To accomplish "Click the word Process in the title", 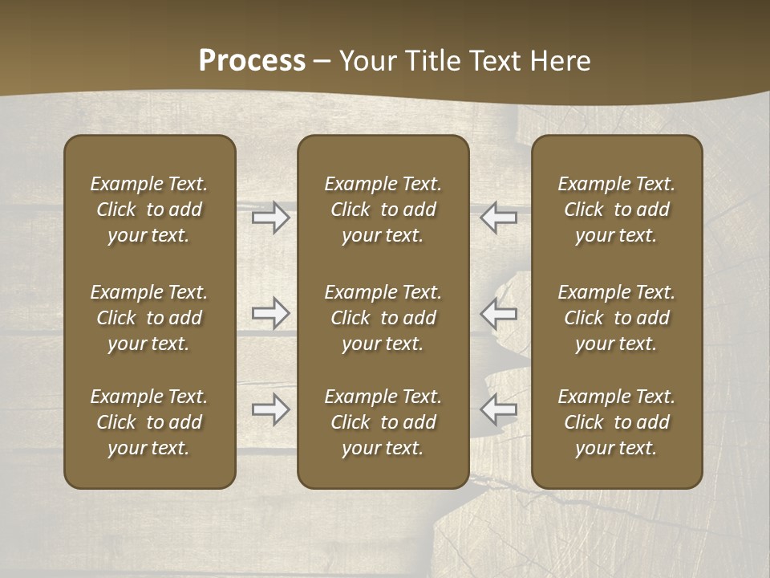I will (x=252, y=60).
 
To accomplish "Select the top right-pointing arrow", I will (x=270, y=218).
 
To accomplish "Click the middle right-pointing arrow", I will (x=270, y=313).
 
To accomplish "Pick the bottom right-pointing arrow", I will (x=270, y=409).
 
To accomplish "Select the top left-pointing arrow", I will (x=498, y=218).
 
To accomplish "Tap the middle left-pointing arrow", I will (x=498, y=313).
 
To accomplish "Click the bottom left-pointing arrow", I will (x=498, y=409).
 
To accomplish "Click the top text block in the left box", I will (x=149, y=210).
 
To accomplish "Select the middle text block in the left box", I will (x=149, y=318).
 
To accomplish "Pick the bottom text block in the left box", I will (x=149, y=422).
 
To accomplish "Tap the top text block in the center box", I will (x=383, y=210).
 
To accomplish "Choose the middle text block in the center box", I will (x=383, y=318).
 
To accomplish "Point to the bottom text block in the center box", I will (x=383, y=422).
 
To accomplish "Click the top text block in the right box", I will (x=617, y=210).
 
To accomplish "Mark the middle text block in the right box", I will (x=617, y=318).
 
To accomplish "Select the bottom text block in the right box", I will (x=617, y=422).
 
